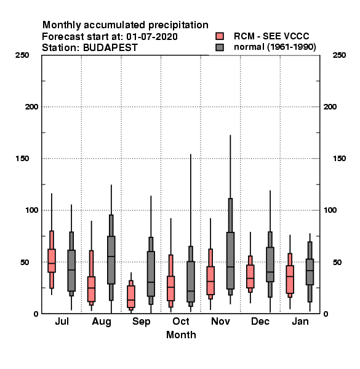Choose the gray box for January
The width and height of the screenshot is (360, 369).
tap(310, 272)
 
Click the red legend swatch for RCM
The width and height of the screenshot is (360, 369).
tap(220, 36)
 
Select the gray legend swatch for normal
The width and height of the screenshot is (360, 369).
tap(220, 47)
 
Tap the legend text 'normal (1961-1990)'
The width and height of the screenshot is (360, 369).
tap(274, 47)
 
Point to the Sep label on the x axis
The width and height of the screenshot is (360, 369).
tap(141, 322)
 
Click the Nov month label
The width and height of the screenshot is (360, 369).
tap(220, 321)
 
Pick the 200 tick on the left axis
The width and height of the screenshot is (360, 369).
tap(31, 107)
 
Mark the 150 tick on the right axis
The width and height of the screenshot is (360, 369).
tap(339, 159)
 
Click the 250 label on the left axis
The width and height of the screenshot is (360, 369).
tap(22, 55)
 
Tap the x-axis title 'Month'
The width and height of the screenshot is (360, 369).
tap(181, 335)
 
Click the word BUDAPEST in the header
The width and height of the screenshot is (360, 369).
tap(110, 47)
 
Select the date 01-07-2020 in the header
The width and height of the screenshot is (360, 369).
tap(152, 36)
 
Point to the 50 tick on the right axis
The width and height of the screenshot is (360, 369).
tap(337, 262)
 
